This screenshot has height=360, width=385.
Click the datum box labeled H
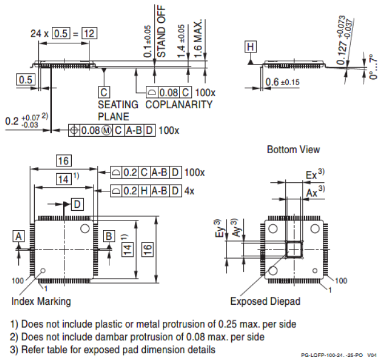[x=251, y=47]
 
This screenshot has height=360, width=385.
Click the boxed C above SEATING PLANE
[x=104, y=92]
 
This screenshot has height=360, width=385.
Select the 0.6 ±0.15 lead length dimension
[x=282, y=83]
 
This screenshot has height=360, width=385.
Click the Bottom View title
[x=293, y=150]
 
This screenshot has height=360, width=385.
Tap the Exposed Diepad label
[x=265, y=301]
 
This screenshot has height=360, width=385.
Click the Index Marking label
[x=41, y=301]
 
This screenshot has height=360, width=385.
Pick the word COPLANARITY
[x=179, y=105]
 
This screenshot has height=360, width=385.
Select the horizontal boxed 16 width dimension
[x=63, y=161]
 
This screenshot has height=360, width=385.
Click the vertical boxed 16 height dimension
[x=148, y=249]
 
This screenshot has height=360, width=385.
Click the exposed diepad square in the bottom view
[x=294, y=249]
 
